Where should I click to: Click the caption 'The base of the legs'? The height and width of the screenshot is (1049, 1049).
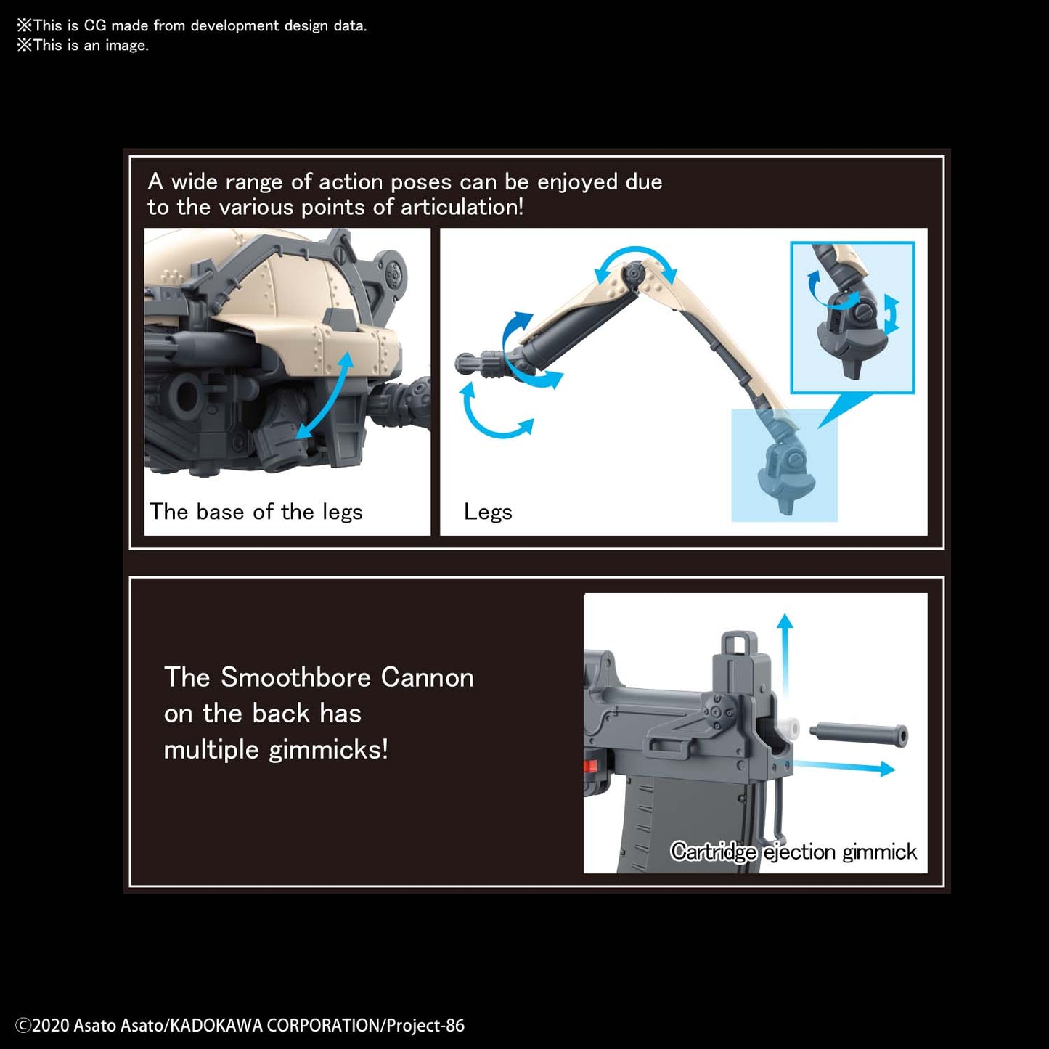tap(256, 512)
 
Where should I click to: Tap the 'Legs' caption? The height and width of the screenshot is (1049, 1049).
tap(488, 513)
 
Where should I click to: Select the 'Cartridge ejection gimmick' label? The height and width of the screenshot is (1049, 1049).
tap(793, 852)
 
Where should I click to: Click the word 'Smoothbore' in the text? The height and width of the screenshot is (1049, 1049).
tap(297, 678)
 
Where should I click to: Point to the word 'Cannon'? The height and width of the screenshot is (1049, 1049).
tap(427, 678)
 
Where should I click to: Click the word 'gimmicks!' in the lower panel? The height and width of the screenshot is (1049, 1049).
tap(329, 750)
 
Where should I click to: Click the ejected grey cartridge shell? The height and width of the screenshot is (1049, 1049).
tap(859, 733)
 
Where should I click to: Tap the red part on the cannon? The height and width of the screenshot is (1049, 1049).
tap(591, 765)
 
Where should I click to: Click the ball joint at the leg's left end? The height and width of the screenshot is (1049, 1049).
tap(465, 363)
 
